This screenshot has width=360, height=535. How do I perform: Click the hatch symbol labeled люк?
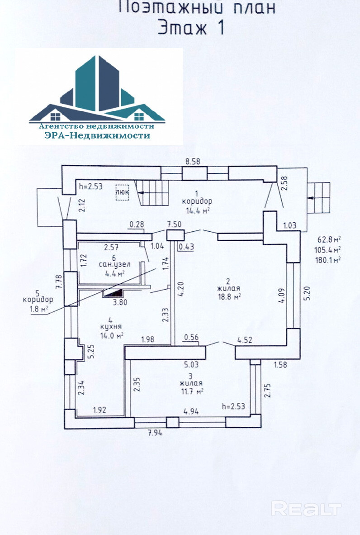point(122,192)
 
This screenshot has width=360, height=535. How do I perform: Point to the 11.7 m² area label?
point(191,391)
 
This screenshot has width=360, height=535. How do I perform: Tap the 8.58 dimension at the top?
point(194,161)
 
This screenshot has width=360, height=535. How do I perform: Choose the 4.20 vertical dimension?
point(180,288)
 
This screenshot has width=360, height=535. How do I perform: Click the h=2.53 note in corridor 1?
point(91,186)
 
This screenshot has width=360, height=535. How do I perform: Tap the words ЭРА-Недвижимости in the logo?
point(97,135)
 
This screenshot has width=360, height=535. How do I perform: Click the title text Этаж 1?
point(190,28)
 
